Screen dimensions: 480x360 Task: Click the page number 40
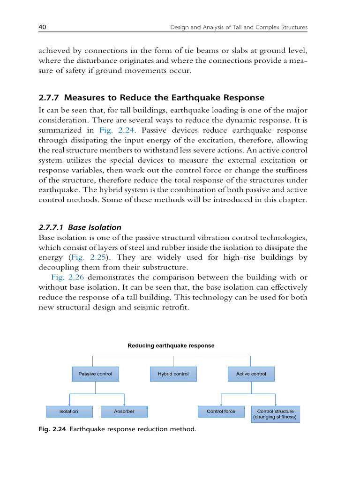click(42, 28)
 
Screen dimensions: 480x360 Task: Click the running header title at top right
click(238, 28)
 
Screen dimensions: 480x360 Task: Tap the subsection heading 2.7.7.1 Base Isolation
click(80, 227)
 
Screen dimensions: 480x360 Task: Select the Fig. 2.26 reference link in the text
click(65, 277)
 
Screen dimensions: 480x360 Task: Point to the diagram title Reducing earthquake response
click(171, 345)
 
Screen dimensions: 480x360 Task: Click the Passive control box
click(95, 374)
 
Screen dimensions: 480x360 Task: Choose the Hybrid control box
click(173, 374)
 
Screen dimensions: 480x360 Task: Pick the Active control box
click(251, 374)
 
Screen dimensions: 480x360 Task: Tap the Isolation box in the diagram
click(69, 412)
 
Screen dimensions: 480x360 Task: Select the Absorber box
click(124, 412)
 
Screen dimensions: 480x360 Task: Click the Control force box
click(221, 412)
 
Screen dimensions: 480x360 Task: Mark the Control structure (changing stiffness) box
click(275, 414)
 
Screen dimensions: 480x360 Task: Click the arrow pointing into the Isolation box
click(69, 403)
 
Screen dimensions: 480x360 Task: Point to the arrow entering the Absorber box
click(124, 403)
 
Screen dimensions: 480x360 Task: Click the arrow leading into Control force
click(221, 403)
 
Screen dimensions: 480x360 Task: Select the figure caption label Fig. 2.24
click(52, 429)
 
